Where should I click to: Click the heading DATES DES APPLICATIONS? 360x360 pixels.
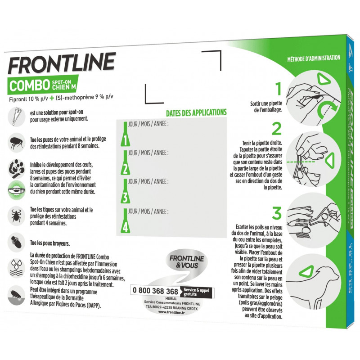(x=196, y=112)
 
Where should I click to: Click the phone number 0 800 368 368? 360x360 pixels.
(x=154, y=290)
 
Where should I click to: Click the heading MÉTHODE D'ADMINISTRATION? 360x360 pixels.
(x=314, y=58)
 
